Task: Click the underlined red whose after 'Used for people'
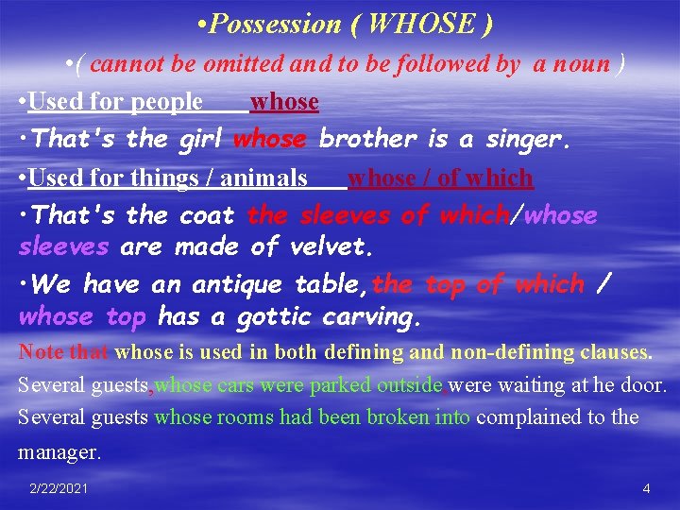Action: click(284, 101)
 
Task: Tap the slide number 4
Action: click(646, 488)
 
